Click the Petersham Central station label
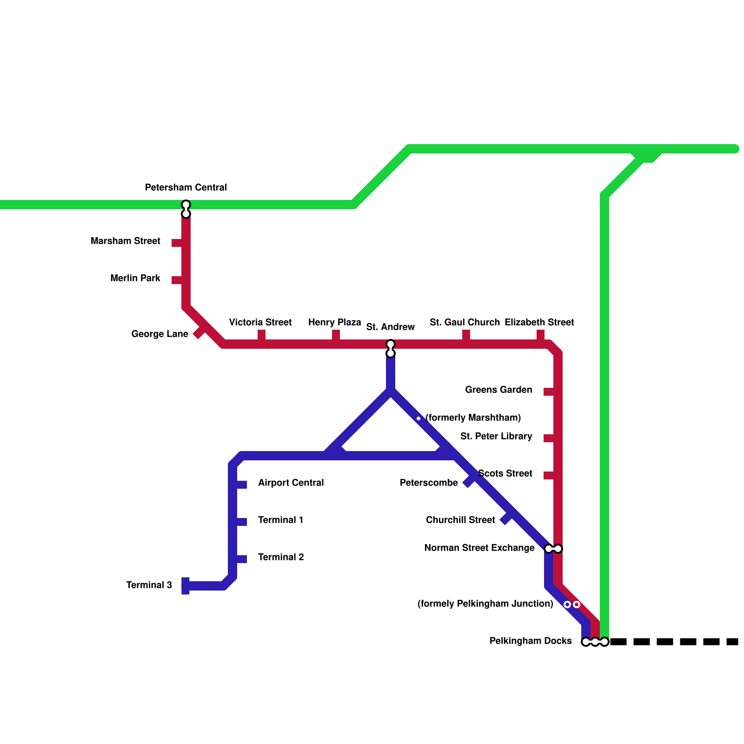[186, 187]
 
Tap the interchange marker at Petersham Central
[186, 209]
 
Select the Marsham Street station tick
[177, 243]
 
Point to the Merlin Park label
[135, 278]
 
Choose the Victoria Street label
[260, 322]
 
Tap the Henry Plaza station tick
[336, 335]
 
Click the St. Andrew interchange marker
[391, 349]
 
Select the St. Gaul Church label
[465, 322]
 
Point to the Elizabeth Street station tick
[540, 335]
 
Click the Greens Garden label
[498, 390]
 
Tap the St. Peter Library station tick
[549, 438]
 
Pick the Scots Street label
[505, 473]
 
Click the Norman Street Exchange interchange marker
[553, 549]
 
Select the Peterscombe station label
[429, 483]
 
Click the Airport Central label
[291, 483]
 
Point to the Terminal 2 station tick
[241, 559]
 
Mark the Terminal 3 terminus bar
[186, 586]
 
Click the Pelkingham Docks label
[531, 641]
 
